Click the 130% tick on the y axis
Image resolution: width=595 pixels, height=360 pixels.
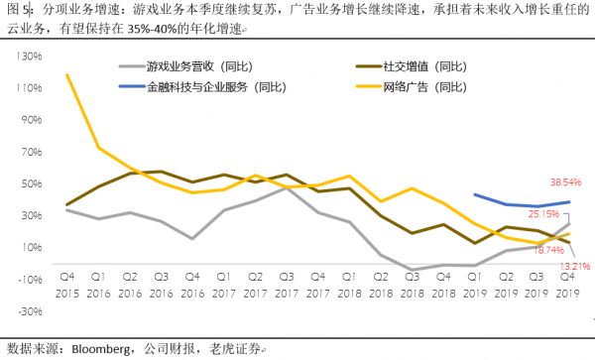click(28, 56)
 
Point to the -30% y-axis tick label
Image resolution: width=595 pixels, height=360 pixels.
click(28, 310)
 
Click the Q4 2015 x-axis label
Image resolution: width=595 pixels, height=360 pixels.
click(66, 287)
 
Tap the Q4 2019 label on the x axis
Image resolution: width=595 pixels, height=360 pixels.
click(567, 287)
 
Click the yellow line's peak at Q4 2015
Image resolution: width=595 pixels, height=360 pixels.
click(66, 74)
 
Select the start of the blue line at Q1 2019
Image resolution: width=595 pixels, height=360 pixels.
click(474, 194)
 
